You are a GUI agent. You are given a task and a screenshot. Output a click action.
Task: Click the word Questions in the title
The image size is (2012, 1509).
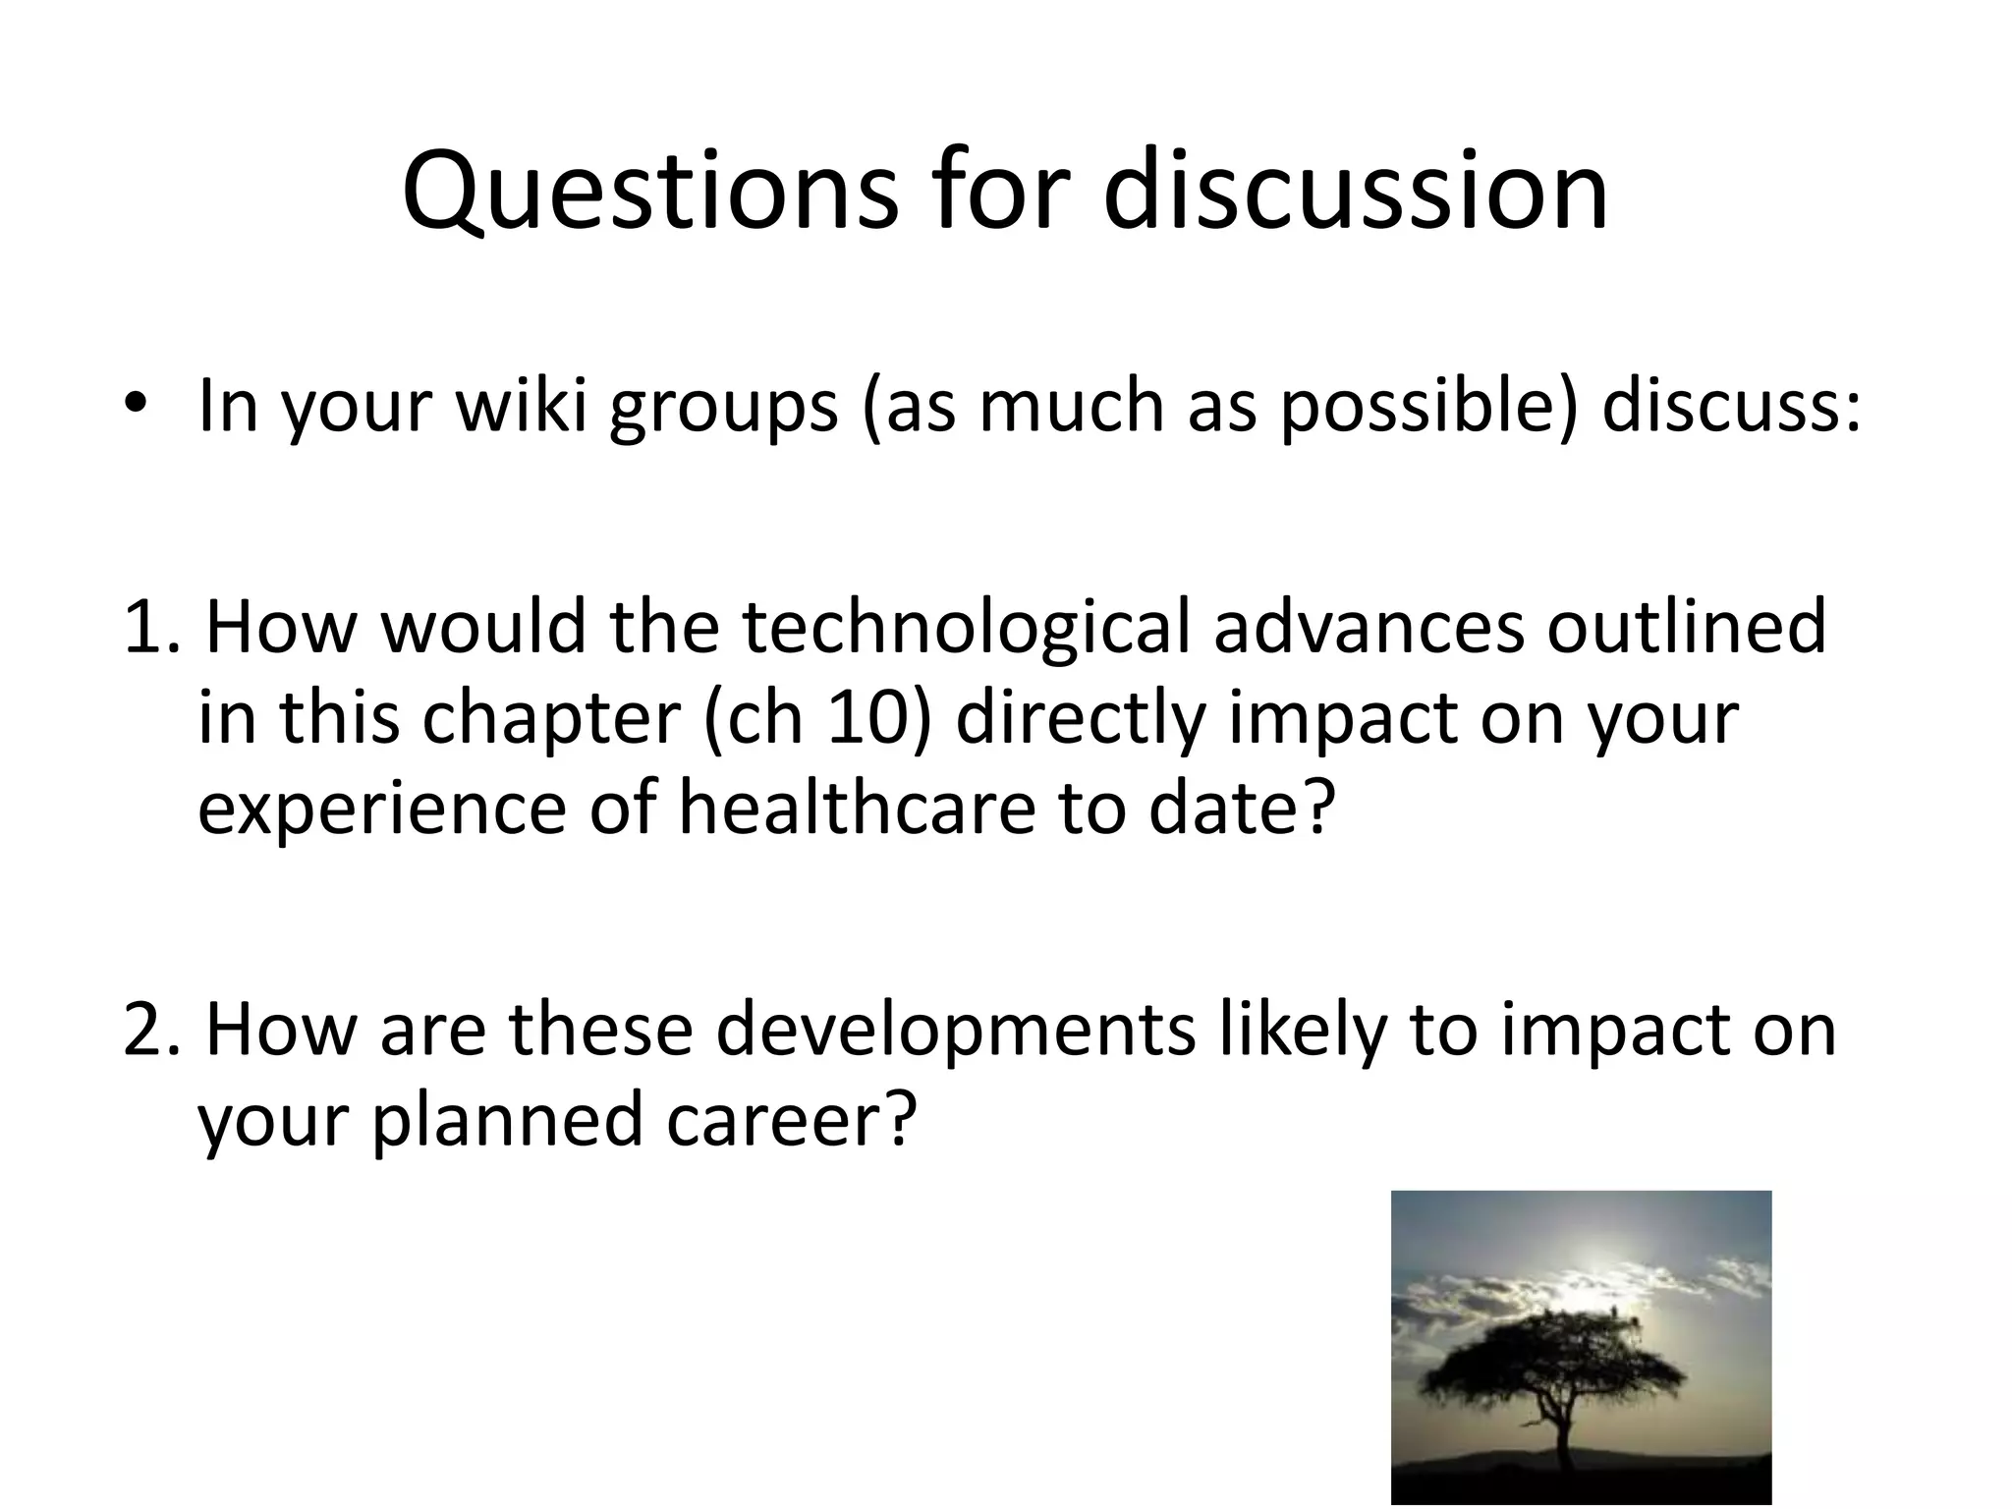click(649, 192)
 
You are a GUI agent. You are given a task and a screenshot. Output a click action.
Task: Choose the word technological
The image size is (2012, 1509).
click(969, 628)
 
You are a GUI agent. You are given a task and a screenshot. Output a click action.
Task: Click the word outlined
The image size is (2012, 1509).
click(1686, 628)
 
